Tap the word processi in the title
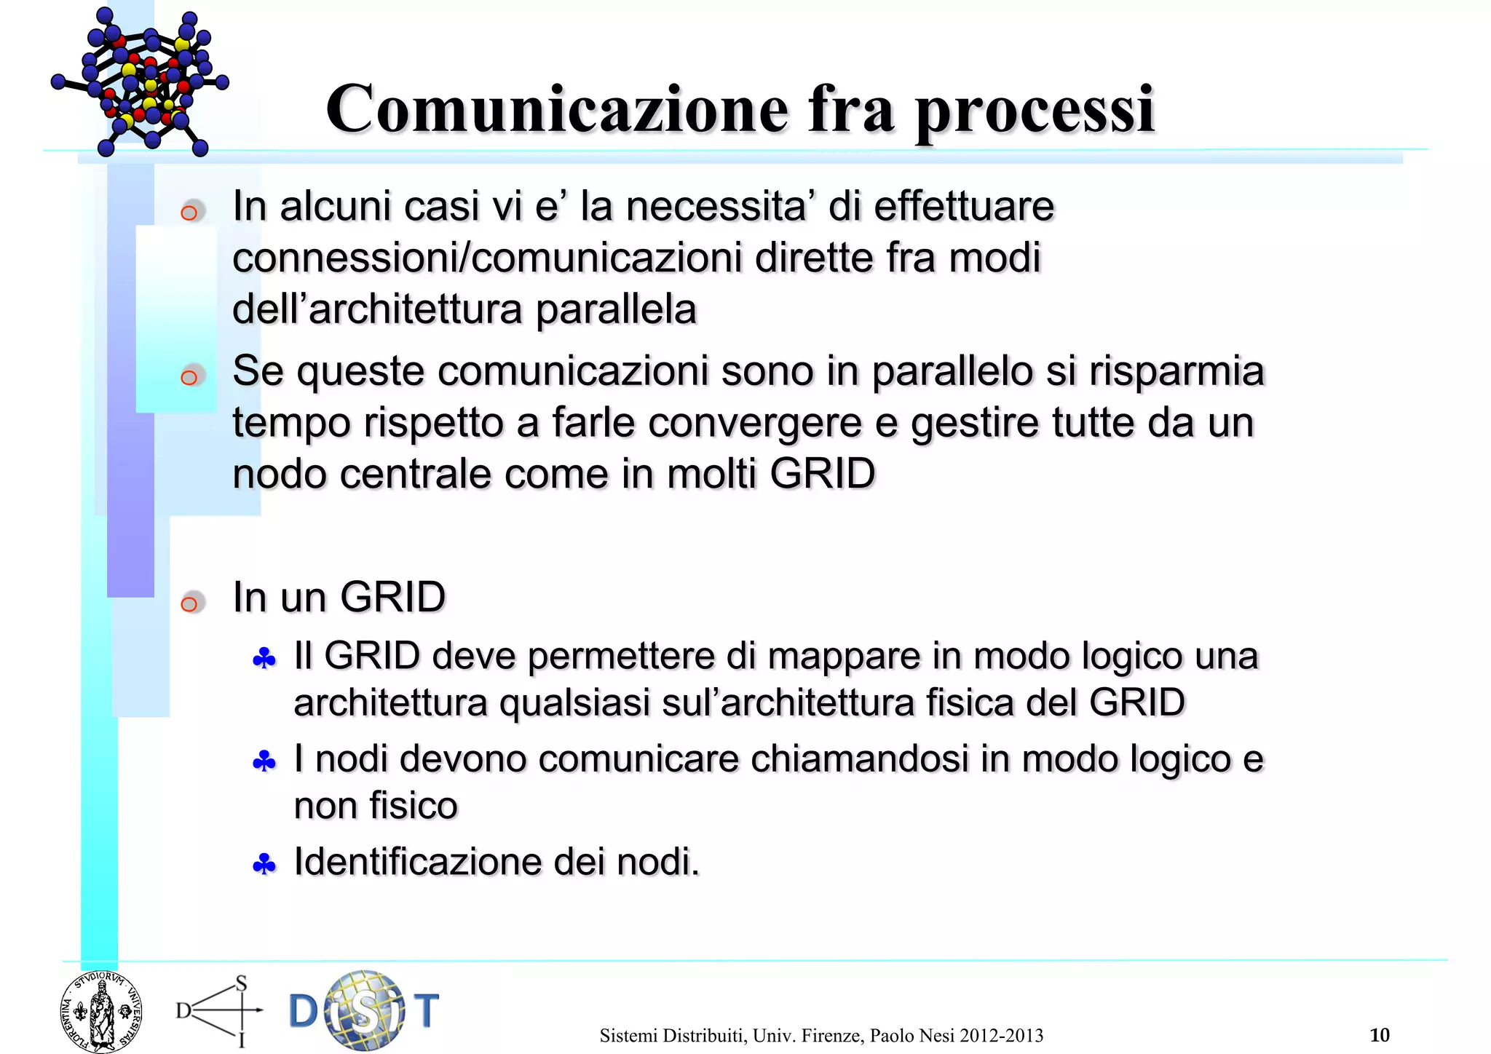tap(1035, 111)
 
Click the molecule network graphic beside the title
tap(141, 82)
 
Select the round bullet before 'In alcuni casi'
tap(189, 213)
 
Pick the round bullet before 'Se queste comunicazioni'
tap(189, 376)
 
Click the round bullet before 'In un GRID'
tap(189, 603)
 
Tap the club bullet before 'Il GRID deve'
tap(264, 659)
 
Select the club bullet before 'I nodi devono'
tap(264, 762)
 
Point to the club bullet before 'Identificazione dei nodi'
tap(264, 865)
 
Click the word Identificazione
tap(416, 862)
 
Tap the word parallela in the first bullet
tap(616, 310)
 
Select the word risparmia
tap(1176, 372)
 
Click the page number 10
tap(1379, 1034)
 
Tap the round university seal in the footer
tap(100, 1013)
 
